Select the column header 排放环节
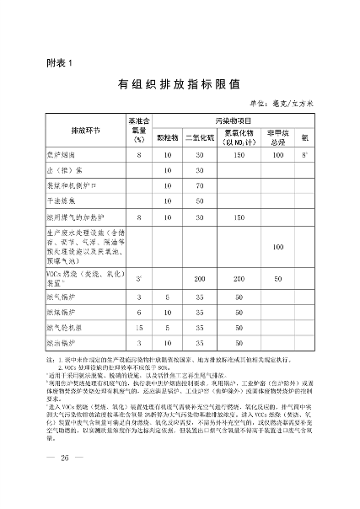click(x=85, y=131)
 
